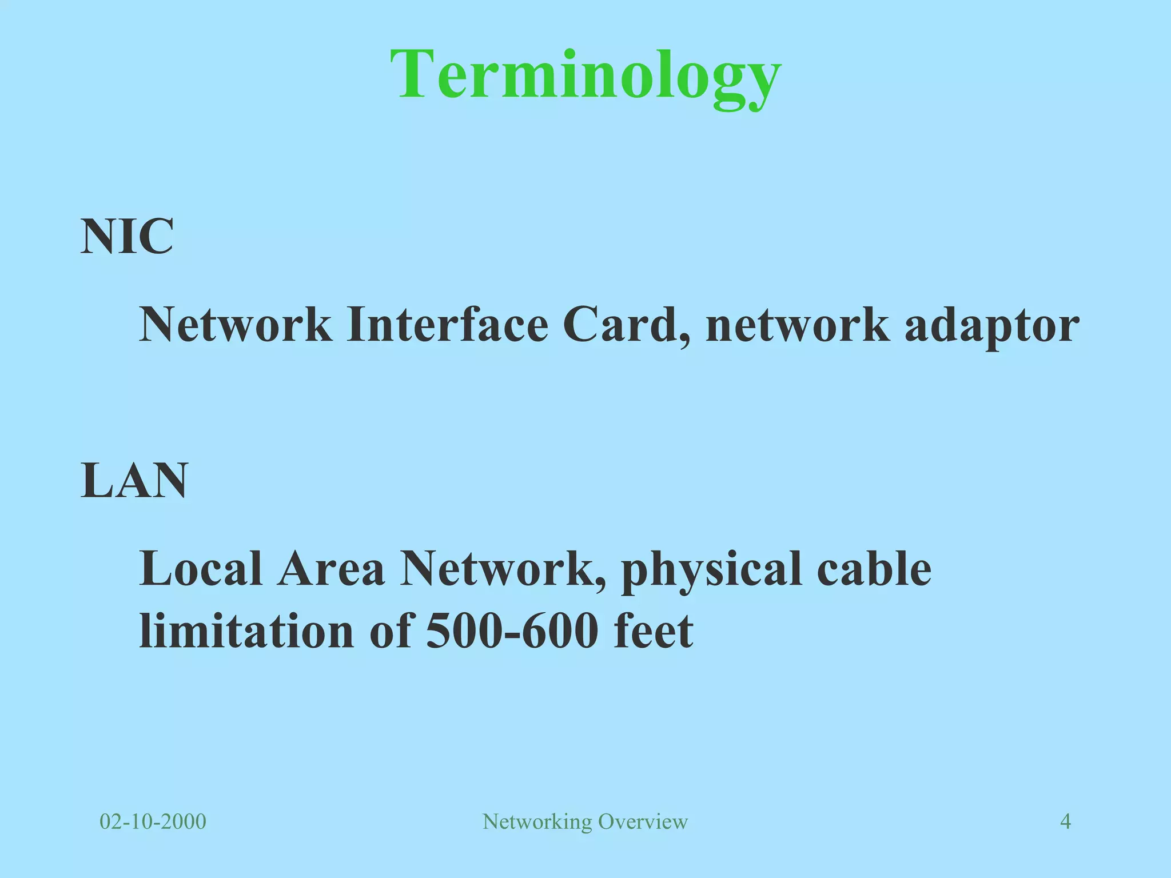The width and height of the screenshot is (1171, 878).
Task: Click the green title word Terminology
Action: tap(585, 75)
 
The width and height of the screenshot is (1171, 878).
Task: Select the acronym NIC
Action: tap(127, 237)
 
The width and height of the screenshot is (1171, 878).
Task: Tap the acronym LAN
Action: tap(134, 481)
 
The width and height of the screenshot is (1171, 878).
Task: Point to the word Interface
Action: tap(447, 325)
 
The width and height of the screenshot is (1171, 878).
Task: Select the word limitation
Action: tap(246, 631)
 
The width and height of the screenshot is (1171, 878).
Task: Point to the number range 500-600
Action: tap(512, 631)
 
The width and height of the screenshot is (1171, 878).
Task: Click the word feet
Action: tap(653, 631)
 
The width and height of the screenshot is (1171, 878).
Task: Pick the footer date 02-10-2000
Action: tap(153, 821)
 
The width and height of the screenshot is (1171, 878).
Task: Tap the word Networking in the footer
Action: tap(537, 821)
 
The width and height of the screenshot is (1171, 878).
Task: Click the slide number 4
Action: tap(1065, 821)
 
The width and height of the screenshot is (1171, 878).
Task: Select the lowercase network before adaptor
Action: tap(798, 325)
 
